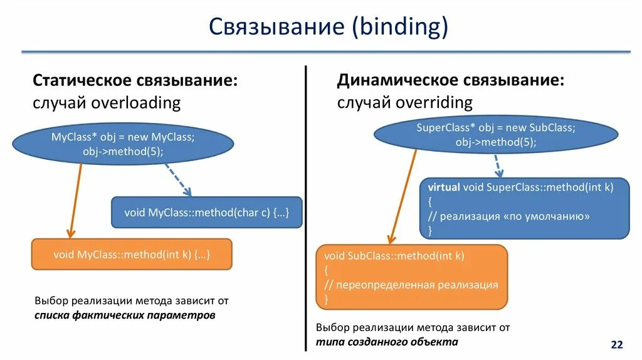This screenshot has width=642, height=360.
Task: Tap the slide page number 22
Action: (x=617, y=345)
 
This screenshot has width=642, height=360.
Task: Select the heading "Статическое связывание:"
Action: (x=135, y=81)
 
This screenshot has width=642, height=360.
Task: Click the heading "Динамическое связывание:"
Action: (x=450, y=81)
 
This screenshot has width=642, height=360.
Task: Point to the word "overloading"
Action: (x=136, y=102)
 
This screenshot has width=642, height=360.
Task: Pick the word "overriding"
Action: (x=434, y=102)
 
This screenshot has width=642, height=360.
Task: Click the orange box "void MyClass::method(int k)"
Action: (x=132, y=255)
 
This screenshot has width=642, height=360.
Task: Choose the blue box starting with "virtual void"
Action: (x=524, y=208)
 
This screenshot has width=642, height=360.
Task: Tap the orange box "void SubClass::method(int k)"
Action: (x=411, y=277)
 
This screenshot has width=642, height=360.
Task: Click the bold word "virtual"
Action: (x=444, y=187)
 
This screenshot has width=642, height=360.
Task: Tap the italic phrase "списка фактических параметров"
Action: (x=125, y=315)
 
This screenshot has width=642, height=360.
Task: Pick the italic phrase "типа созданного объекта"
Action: (x=387, y=342)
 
